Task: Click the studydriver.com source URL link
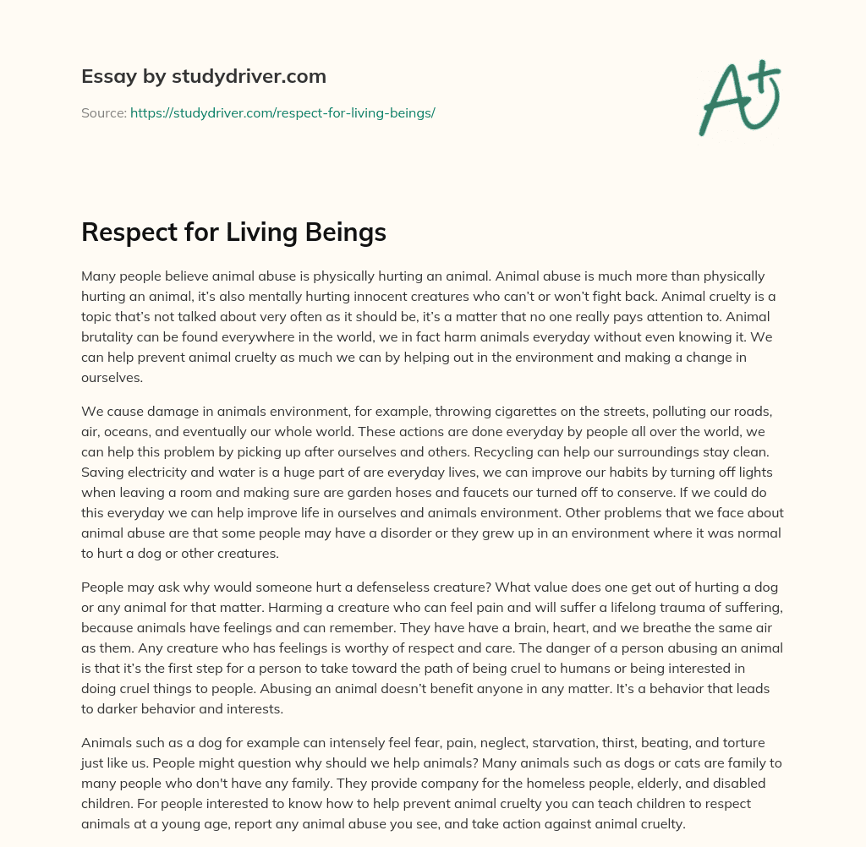coord(282,112)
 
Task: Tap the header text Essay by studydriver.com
coord(204,76)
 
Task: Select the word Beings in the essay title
coord(345,232)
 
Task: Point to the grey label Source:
coord(103,112)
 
